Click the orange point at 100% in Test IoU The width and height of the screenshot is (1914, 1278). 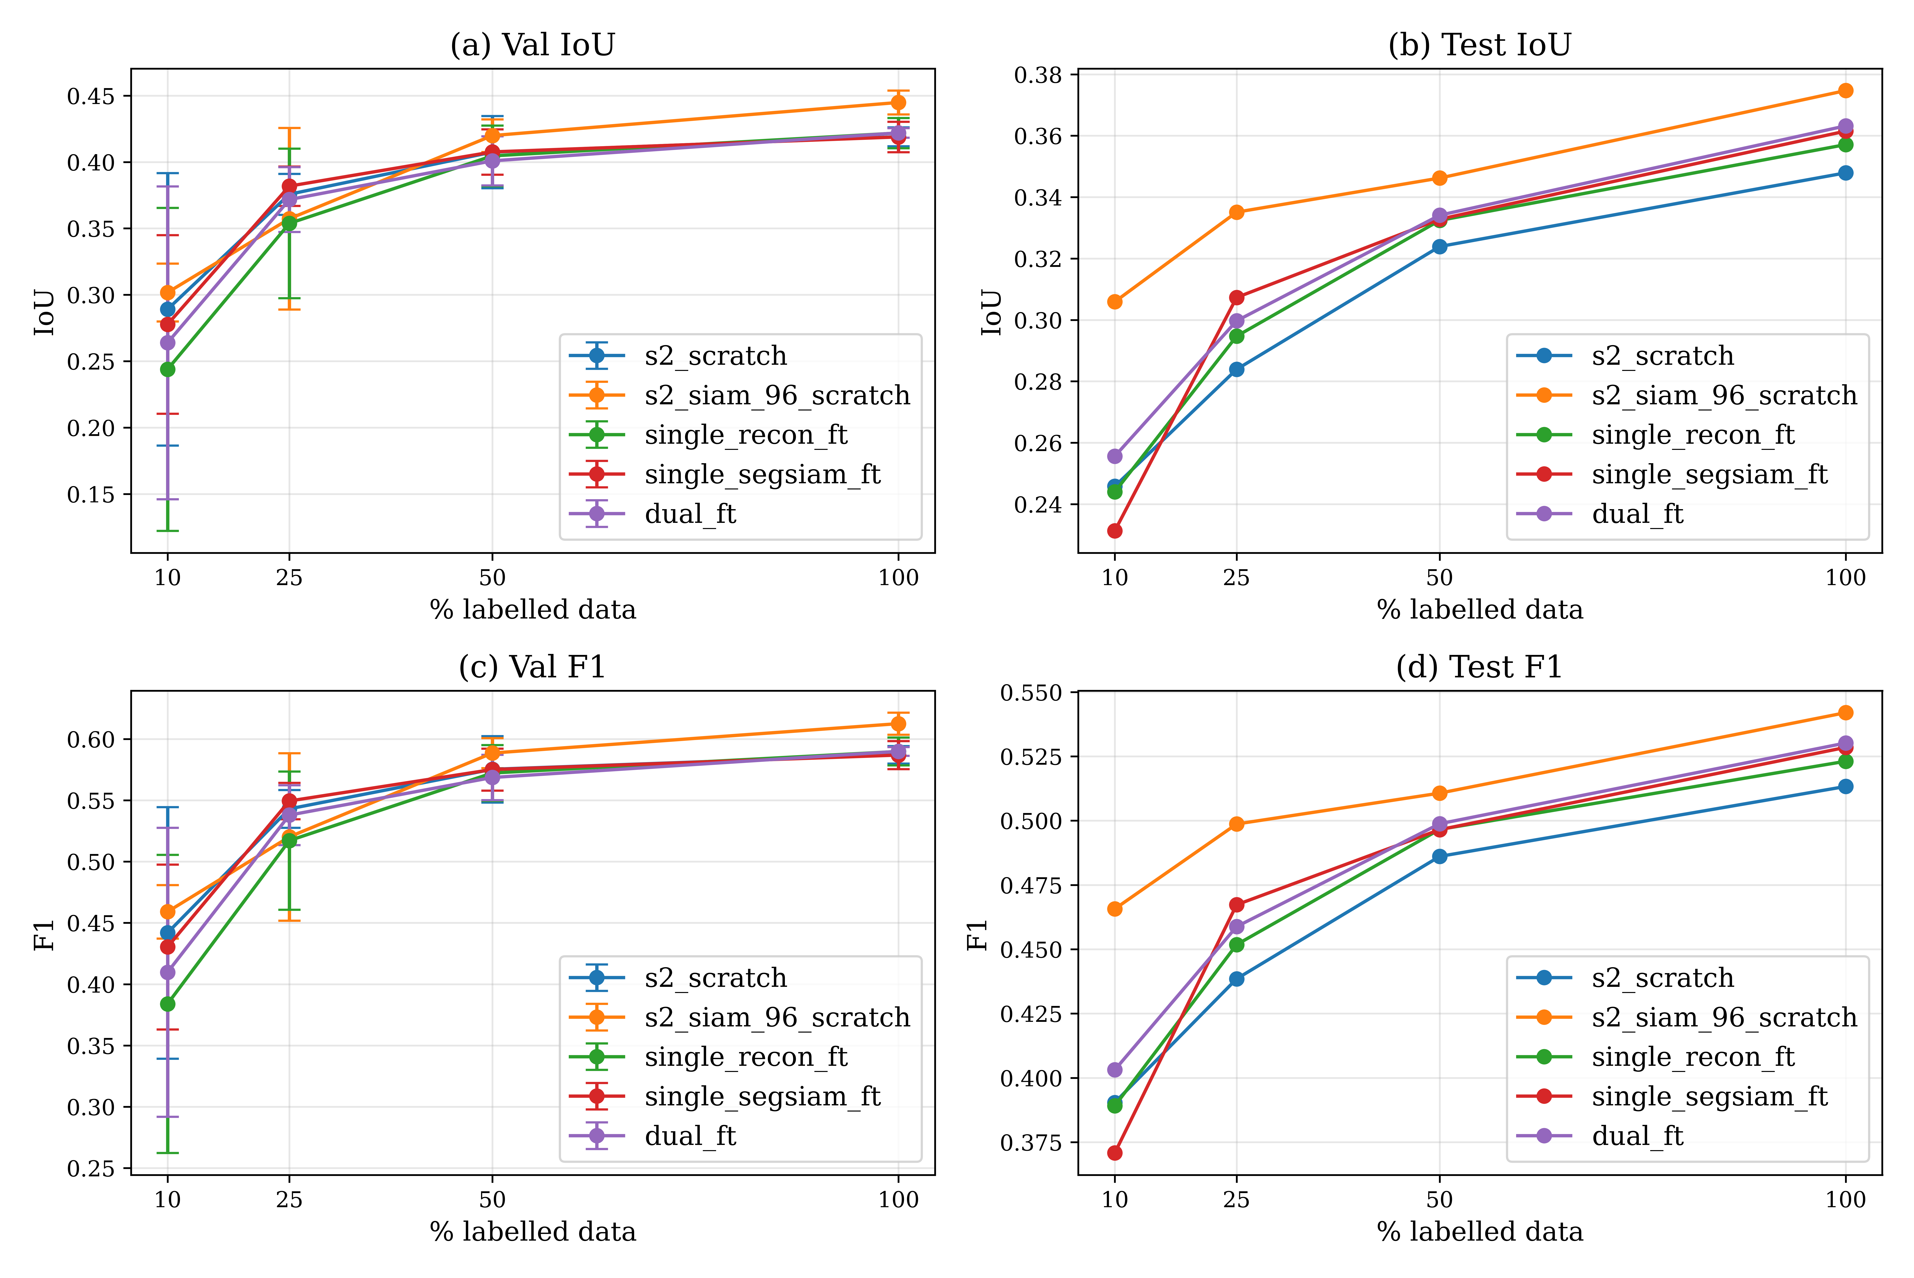pos(1846,90)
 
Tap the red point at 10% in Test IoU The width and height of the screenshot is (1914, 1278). pos(1115,531)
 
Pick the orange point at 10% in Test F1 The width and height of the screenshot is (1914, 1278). pos(1115,909)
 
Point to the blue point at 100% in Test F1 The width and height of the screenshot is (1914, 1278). pos(1846,787)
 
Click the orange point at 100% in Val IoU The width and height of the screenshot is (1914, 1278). pos(898,102)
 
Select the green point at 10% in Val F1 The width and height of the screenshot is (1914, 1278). pos(168,1004)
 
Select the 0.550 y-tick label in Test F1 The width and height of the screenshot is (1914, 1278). pos(1031,693)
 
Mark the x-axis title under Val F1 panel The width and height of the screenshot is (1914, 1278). pos(533,1231)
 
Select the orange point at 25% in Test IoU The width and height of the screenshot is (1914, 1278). pos(1236,213)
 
